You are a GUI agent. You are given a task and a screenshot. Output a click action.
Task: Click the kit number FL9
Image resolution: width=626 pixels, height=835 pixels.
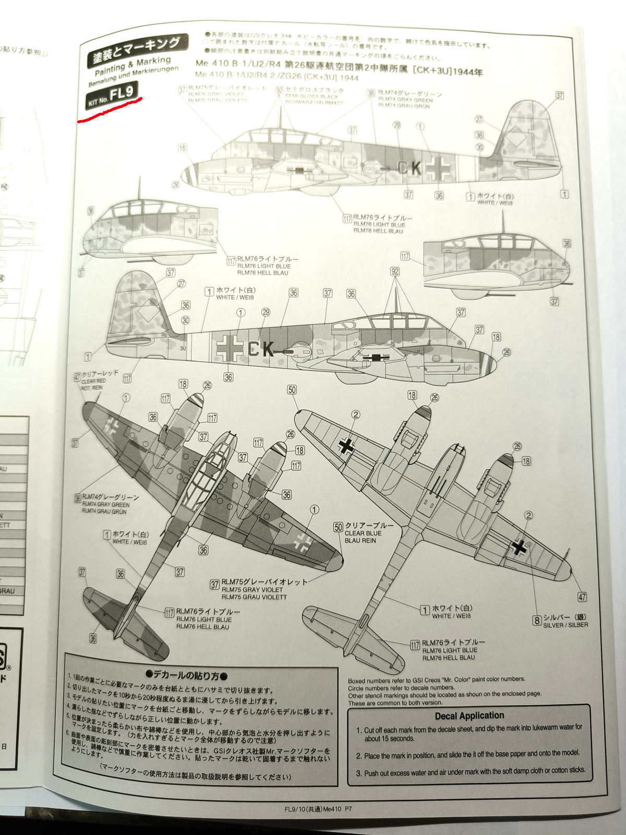[126, 93]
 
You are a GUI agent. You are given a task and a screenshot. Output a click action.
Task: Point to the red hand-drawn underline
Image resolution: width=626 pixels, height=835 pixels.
[109, 109]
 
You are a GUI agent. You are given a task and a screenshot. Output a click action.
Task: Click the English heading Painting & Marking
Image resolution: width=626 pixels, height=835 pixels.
[133, 65]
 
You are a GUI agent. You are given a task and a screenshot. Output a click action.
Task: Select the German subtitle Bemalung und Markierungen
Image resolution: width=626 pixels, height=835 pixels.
[133, 77]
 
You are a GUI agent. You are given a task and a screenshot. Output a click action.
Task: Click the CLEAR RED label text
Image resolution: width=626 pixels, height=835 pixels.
[94, 381]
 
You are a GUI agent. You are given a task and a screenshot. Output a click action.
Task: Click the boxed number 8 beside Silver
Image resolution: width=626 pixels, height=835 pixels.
[536, 620]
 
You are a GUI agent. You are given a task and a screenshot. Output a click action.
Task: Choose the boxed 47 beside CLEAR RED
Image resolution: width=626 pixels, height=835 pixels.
[77, 376]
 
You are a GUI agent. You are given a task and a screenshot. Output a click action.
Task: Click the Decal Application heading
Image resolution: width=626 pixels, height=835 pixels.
[469, 715]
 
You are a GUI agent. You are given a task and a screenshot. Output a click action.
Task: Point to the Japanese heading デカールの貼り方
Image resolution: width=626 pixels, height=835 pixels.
[186, 676]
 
